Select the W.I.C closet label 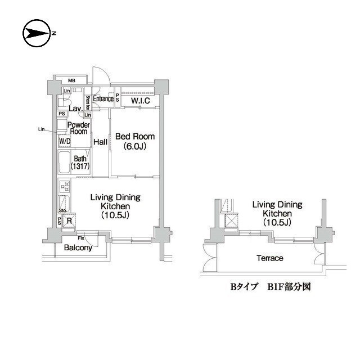[140, 101]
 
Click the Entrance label [103, 99]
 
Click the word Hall [100, 142]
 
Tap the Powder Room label [78, 128]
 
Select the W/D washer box [64, 141]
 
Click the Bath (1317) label [80, 163]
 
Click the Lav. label [75, 109]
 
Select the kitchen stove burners [64, 186]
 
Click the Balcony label [78, 247]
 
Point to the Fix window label [81, 238]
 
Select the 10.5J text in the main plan [116, 215]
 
